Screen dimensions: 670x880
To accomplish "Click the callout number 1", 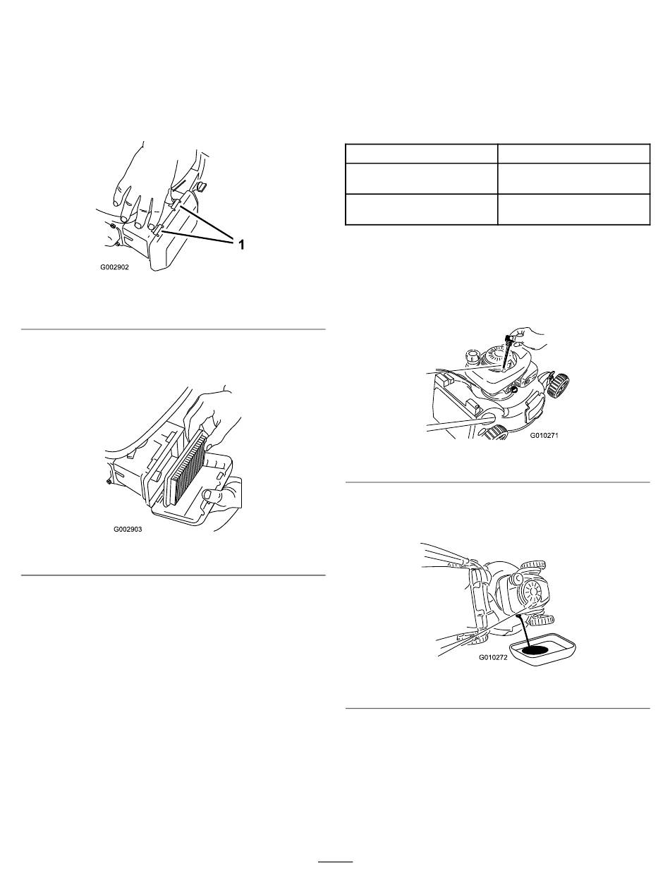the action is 241,244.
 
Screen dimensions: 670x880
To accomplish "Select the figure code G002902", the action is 115,267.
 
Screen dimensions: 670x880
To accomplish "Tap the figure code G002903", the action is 128,530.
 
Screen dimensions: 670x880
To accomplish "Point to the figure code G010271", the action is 544,435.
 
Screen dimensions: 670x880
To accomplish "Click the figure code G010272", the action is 493,657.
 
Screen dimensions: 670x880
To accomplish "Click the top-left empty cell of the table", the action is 422,154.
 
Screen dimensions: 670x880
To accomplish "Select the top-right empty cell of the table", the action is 573,154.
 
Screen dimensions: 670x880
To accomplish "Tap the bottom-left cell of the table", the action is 422,209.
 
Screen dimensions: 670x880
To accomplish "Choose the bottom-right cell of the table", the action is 573,209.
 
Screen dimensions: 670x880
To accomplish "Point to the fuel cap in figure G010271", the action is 473,355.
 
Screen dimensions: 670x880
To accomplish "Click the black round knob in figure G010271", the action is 513,389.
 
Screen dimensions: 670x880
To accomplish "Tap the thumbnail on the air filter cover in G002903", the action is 207,495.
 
